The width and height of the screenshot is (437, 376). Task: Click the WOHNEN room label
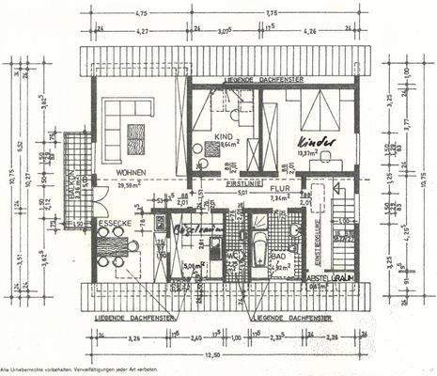(131, 173)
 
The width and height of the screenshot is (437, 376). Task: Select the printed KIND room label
(224, 137)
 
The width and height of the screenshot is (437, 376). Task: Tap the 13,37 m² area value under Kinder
(316, 153)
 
